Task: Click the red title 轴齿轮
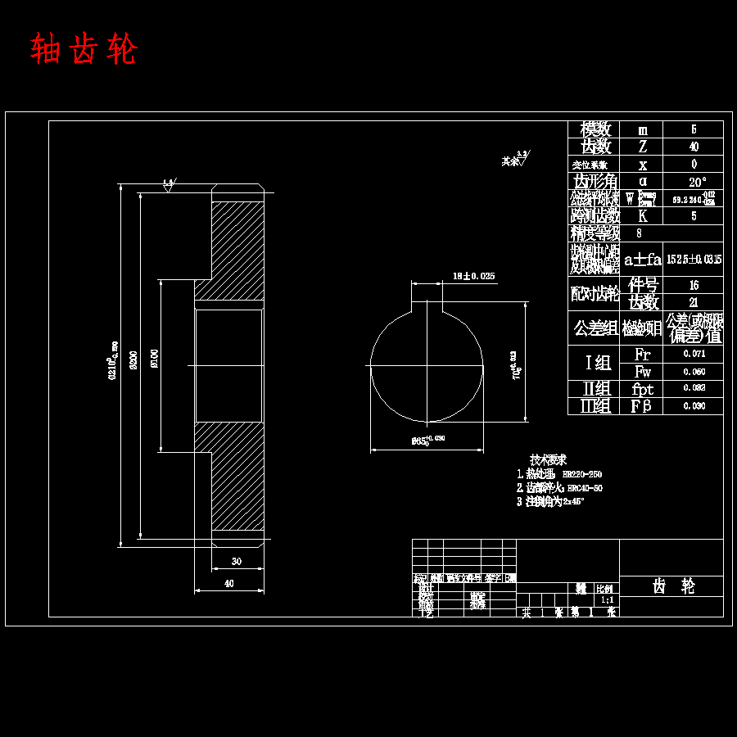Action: [84, 50]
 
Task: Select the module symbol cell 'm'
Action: [643, 129]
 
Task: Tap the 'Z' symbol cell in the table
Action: [643, 147]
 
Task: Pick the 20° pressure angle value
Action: [694, 181]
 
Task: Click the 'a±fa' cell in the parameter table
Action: [643, 260]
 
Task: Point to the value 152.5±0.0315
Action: [694, 260]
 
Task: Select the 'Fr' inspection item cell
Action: [643, 355]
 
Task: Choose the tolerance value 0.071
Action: [694, 355]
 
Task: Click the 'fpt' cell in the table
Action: [643, 389]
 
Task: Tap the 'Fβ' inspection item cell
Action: [643, 406]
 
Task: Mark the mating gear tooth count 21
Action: [694, 302]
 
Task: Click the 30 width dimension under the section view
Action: [237, 562]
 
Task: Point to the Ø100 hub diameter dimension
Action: [155, 358]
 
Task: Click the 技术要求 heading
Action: [549, 460]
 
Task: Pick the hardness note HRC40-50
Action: [585, 488]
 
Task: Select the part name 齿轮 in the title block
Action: [672, 586]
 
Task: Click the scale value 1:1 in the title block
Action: [607, 599]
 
